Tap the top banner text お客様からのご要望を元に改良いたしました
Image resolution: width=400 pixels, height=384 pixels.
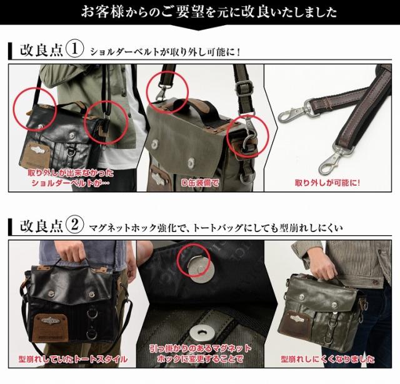(200, 12)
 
